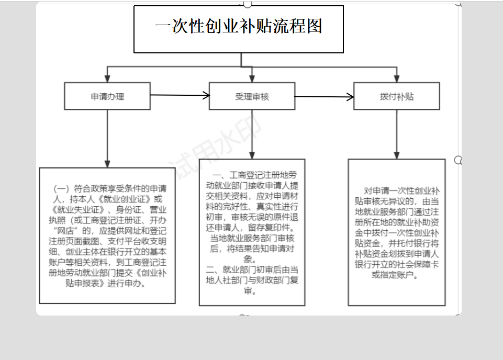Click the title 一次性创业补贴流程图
pyautogui.click(x=239, y=26)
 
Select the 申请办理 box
pyautogui.click(x=107, y=96)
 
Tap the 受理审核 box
pyautogui.click(x=252, y=96)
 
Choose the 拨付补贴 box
pyautogui.click(x=397, y=96)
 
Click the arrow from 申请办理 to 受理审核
pyautogui.click(x=180, y=95)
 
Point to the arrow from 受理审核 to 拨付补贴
pyautogui.click(x=325, y=96)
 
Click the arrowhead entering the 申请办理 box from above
pyautogui.click(x=107, y=79)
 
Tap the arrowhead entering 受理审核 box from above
pyautogui.click(x=252, y=79)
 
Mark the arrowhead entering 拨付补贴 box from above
pyautogui.click(x=397, y=79)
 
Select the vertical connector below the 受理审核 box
pyautogui.click(x=252, y=134)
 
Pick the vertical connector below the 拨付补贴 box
pyautogui.click(x=397, y=134)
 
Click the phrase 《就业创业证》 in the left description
pyautogui.click(x=124, y=199)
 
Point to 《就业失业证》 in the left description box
pyautogui.click(x=77, y=210)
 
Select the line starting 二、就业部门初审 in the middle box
pyautogui.click(x=252, y=269)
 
